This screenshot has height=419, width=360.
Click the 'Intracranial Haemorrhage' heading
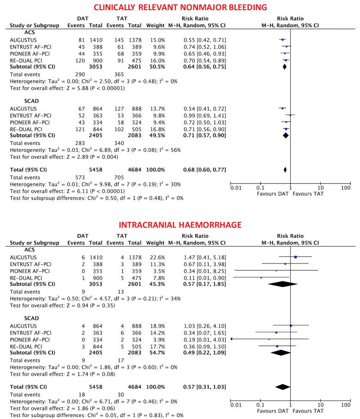[x=180, y=226]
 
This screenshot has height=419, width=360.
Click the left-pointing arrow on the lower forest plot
[x=232, y=340]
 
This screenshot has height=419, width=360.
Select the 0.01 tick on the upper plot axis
[x=235, y=188]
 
